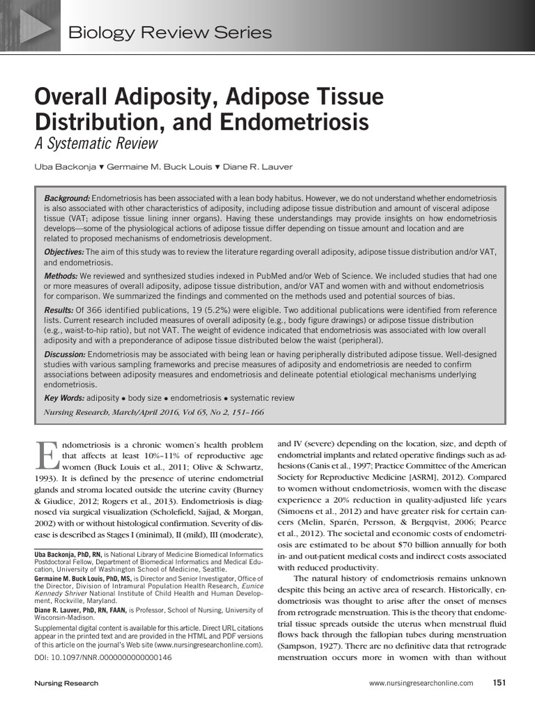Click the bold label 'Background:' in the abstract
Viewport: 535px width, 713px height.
coord(67,198)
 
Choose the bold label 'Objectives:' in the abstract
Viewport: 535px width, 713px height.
coord(65,251)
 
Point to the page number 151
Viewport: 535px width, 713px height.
coord(499,682)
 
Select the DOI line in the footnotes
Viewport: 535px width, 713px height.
coord(102,657)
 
